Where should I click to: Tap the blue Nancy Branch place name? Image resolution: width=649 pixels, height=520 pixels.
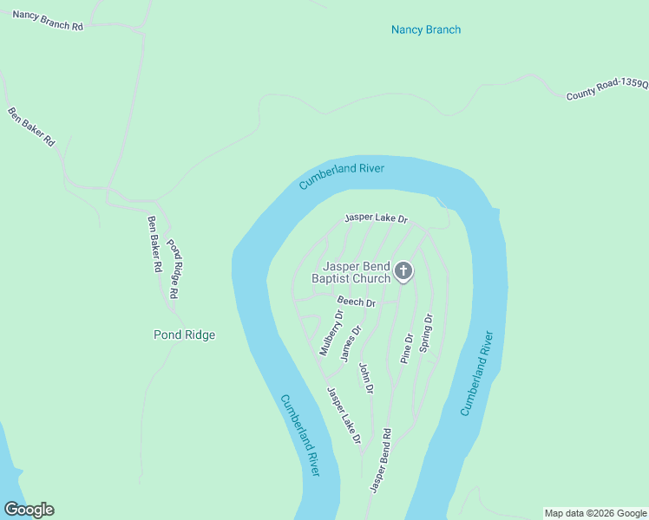point(425,29)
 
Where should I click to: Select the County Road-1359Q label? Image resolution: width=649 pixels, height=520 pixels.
point(607,89)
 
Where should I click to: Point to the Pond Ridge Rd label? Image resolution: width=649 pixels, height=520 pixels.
point(173,269)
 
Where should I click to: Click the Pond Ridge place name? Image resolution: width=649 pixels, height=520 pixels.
point(184,335)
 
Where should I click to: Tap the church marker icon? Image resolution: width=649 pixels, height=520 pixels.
point(403,272)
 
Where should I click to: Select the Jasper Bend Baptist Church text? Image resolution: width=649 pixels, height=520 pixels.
point(357,272)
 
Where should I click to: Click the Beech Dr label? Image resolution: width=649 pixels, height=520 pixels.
point(356,302)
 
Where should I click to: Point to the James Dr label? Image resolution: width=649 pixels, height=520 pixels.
point(351,343)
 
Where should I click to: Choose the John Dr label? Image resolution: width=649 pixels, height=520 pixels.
point(366,379)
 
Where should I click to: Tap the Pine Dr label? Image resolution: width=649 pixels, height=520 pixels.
point(406,347)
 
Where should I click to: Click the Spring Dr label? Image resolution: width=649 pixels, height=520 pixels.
point(426,333)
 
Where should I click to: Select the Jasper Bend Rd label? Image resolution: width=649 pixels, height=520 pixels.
point(380,461)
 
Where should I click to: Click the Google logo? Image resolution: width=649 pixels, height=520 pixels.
point(29,510)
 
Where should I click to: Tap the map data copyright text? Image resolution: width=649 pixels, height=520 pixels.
point(595,513)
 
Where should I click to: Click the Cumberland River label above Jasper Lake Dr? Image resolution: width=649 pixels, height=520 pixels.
point(341,176)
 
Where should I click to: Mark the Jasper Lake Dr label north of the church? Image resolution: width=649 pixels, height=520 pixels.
point(376,218)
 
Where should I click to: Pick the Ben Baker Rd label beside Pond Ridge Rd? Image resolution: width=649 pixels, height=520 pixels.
point(154,244)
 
